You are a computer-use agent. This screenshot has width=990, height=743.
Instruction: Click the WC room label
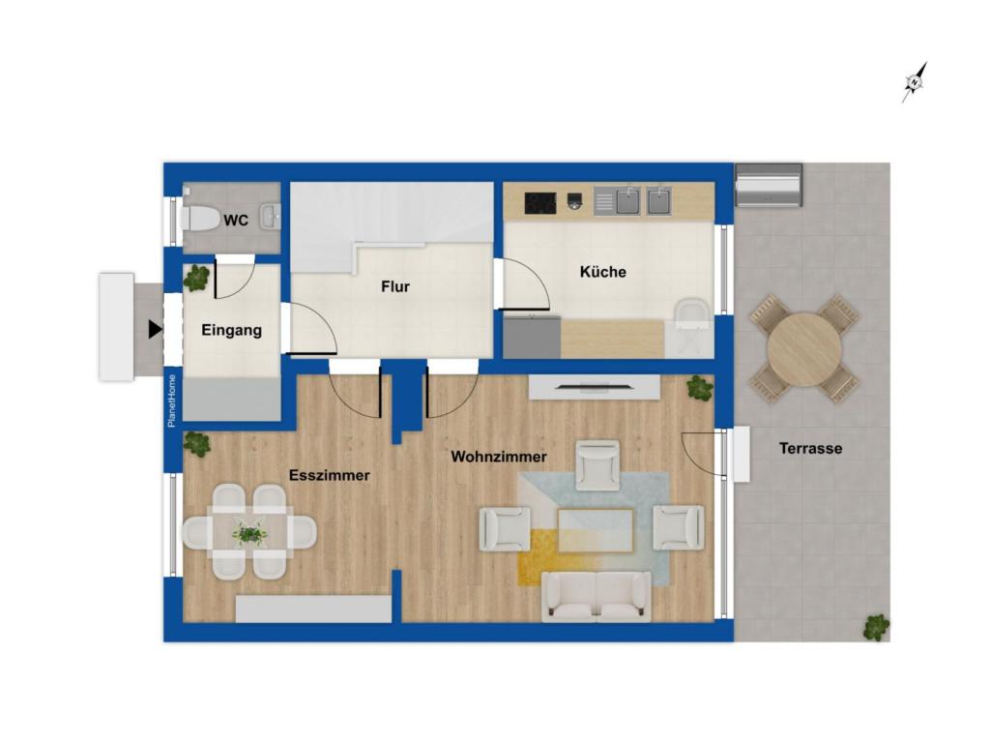[236, 221]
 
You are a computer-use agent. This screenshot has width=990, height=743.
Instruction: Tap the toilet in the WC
[200, 218]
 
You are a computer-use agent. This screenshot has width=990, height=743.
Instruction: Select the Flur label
[394, 286]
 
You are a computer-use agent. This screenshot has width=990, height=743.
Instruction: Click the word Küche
[602, 272]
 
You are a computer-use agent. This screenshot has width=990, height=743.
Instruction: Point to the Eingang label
[231, 330]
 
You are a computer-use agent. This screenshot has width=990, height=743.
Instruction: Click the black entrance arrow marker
[155, 330]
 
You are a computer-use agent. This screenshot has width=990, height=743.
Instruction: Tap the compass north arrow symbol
[914, 82]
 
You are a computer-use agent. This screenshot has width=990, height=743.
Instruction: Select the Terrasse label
[810, 448]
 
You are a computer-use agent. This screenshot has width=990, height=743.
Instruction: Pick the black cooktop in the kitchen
[539, 202]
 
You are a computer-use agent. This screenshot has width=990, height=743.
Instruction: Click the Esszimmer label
[330, 475]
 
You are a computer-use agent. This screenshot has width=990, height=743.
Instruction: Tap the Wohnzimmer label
[499, 457]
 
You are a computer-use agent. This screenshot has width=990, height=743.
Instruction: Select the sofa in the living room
[597, 594]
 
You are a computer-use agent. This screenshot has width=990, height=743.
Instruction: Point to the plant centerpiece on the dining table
[250, 532]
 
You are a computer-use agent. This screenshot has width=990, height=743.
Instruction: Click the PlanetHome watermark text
[171, 400]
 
